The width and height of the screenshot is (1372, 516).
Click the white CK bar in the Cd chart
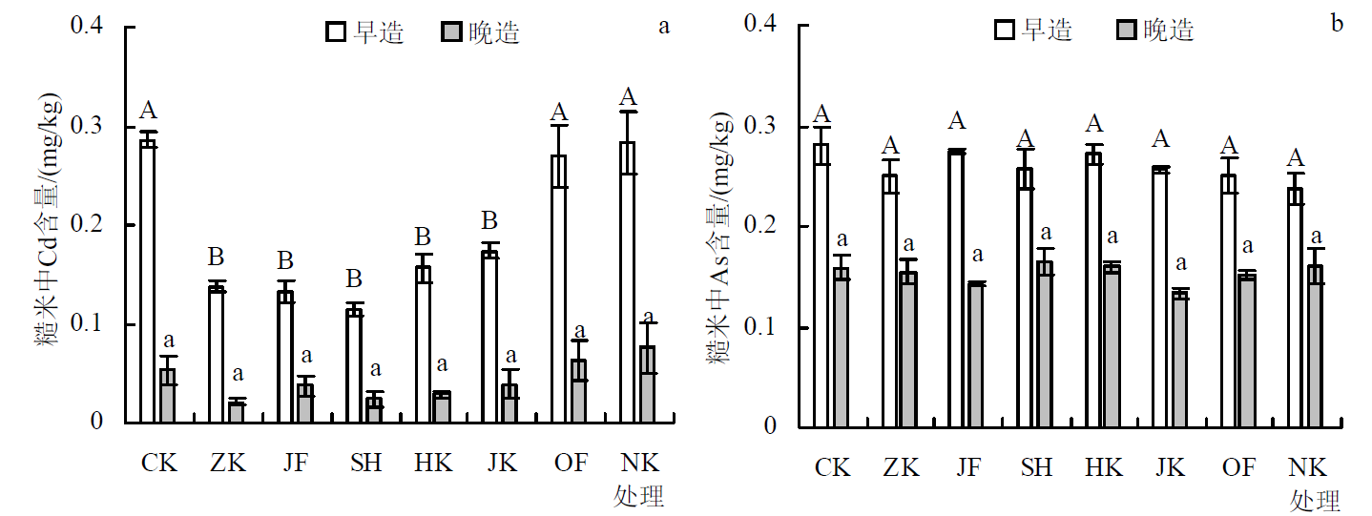(148, 281)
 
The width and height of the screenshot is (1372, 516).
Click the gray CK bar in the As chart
(841, 347)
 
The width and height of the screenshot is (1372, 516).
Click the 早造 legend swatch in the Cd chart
(336, 32)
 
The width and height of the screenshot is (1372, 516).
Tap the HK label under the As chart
(1104, 467)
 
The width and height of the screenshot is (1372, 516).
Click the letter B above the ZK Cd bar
(217, 258)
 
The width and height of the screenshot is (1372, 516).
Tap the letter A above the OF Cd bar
(559, 113)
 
